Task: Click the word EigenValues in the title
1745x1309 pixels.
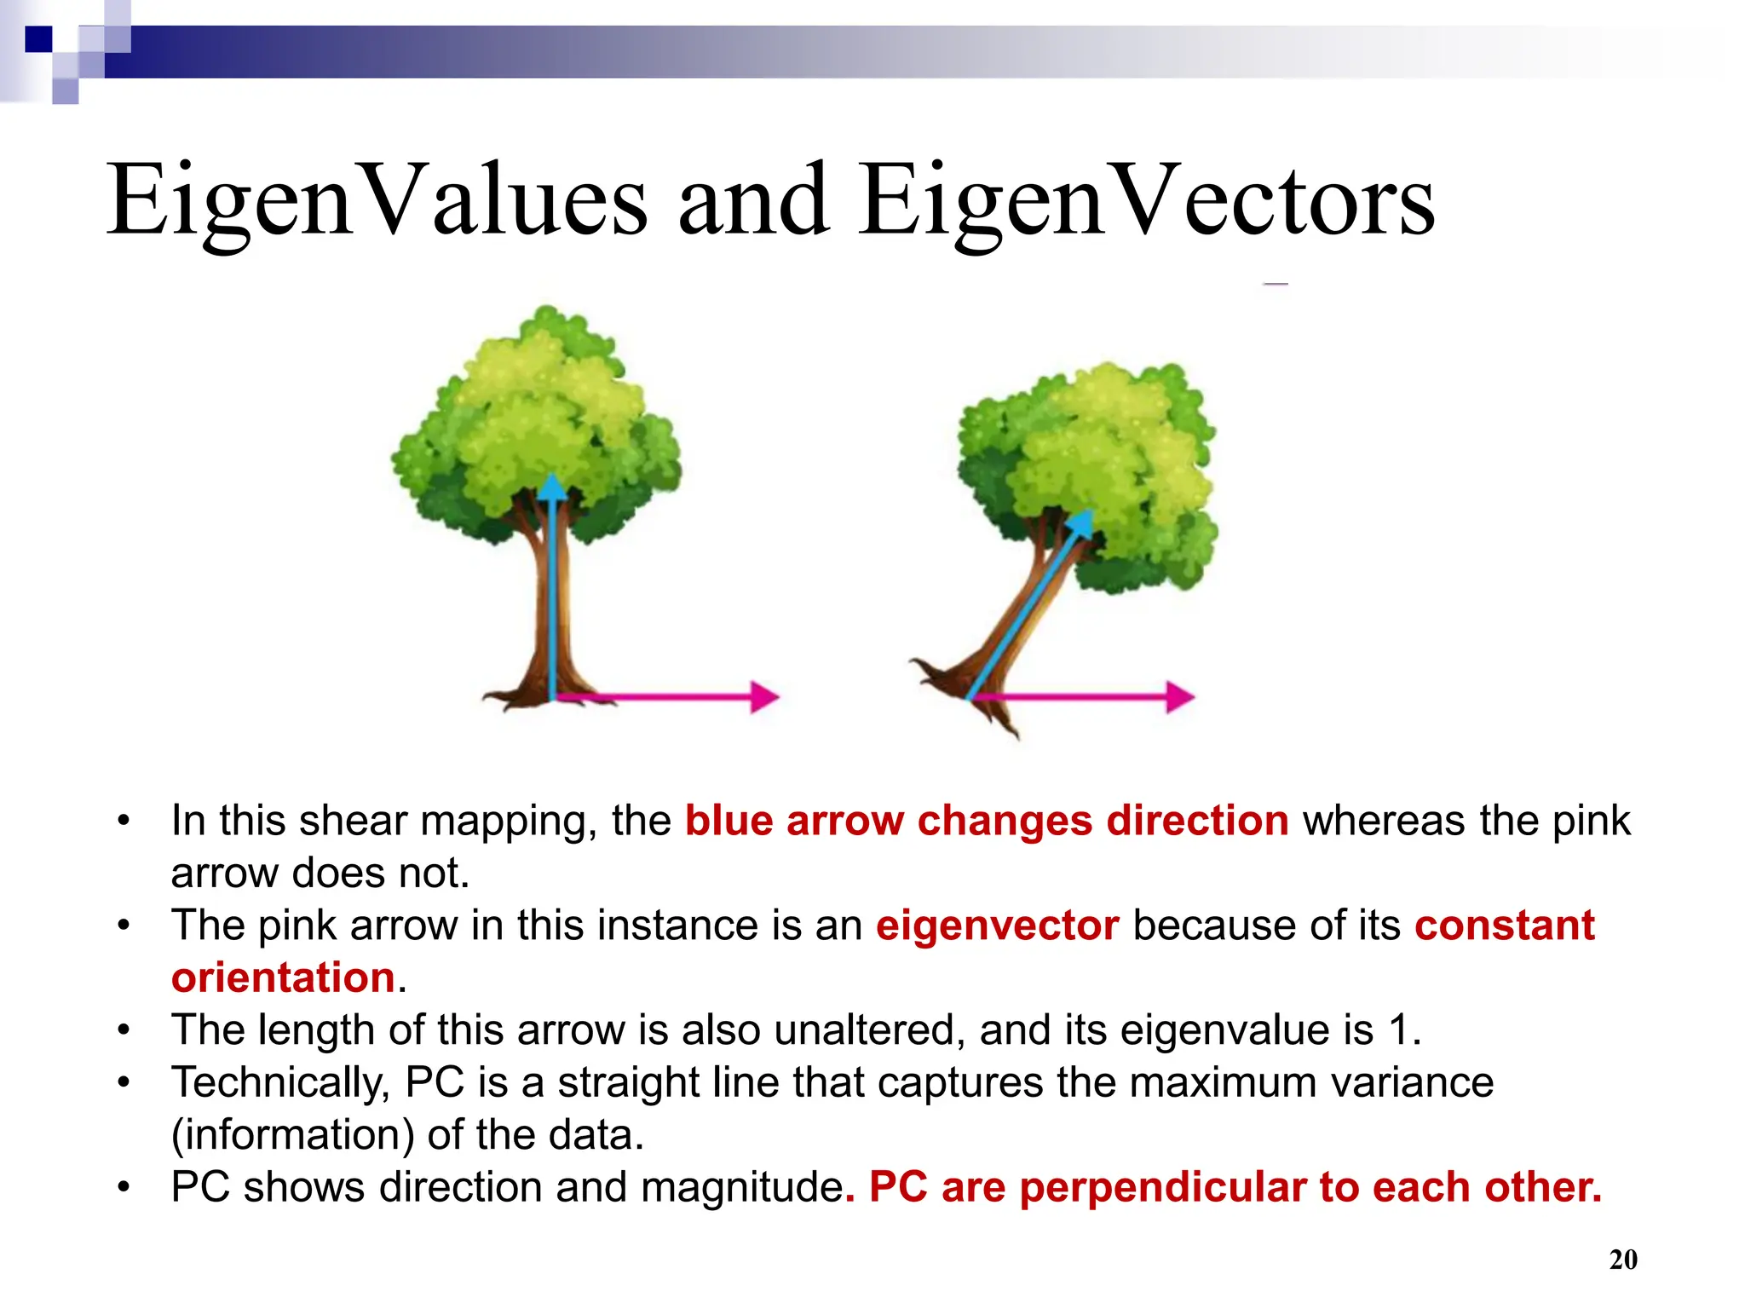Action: tap(376, 202)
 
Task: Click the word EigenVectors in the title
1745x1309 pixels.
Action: tap(1146, 202)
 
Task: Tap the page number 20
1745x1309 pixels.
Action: tap(1622, 1259)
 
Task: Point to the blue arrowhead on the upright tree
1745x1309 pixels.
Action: tap(553, 487)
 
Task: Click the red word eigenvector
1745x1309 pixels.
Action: tap(997, 926)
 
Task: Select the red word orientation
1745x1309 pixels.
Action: tap(283, 977)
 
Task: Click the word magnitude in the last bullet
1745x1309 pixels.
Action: tap(741, 1187)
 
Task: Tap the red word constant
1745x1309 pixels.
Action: tap(1505, 926)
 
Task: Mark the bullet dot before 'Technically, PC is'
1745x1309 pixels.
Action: tap(124, 1083)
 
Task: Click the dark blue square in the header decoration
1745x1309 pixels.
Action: tap(38, 39)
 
